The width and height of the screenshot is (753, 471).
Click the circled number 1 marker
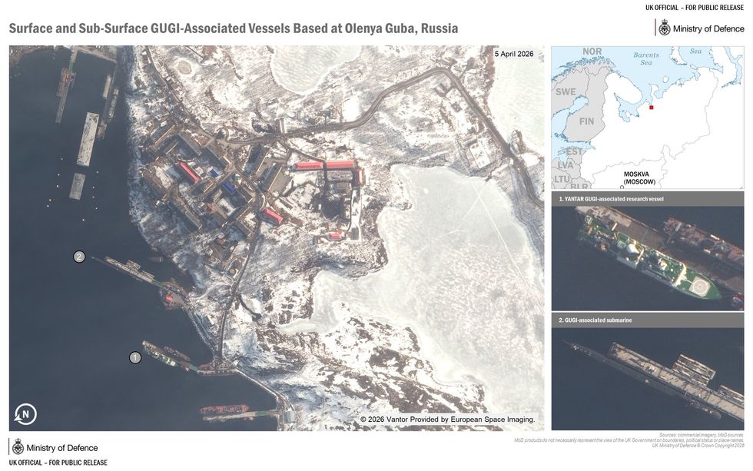[x=135, y=357]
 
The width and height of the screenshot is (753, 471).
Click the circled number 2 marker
[x=79, y=257]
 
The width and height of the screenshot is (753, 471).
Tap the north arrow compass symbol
[x=25, y=415]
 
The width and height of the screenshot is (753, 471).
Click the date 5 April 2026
[x=513, y=54]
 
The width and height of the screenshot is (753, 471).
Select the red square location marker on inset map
[x=652, y=108]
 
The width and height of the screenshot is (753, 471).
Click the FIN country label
[x=586, y=121]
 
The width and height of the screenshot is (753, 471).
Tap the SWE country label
[x=566, y=91]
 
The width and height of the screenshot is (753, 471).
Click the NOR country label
[x=592, y=51]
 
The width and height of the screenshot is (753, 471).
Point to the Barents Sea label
[x=646, y=59]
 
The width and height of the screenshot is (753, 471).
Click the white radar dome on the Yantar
[x=629, y=251]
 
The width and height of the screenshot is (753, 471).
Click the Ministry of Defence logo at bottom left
[x=54, y=447]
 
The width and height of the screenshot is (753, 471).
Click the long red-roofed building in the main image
[x=327, y=165]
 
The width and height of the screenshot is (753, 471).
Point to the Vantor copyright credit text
[x=447, y=420]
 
